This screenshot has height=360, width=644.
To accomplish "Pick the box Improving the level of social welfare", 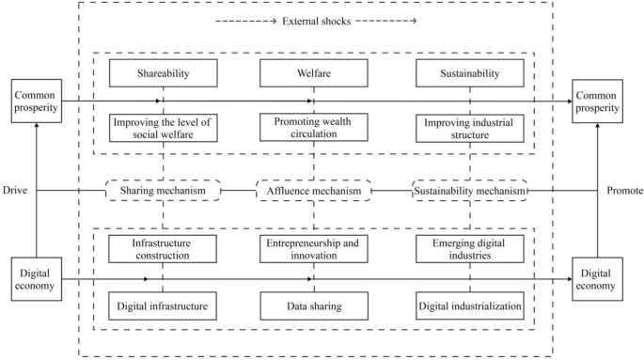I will click(x=164, y=128).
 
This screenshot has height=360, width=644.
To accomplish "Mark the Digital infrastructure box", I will click(x=164, y=305).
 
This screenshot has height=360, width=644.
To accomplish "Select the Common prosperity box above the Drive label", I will click(x=37, y=102).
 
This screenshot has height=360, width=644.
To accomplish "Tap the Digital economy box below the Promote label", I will click(x=599, y=278).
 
